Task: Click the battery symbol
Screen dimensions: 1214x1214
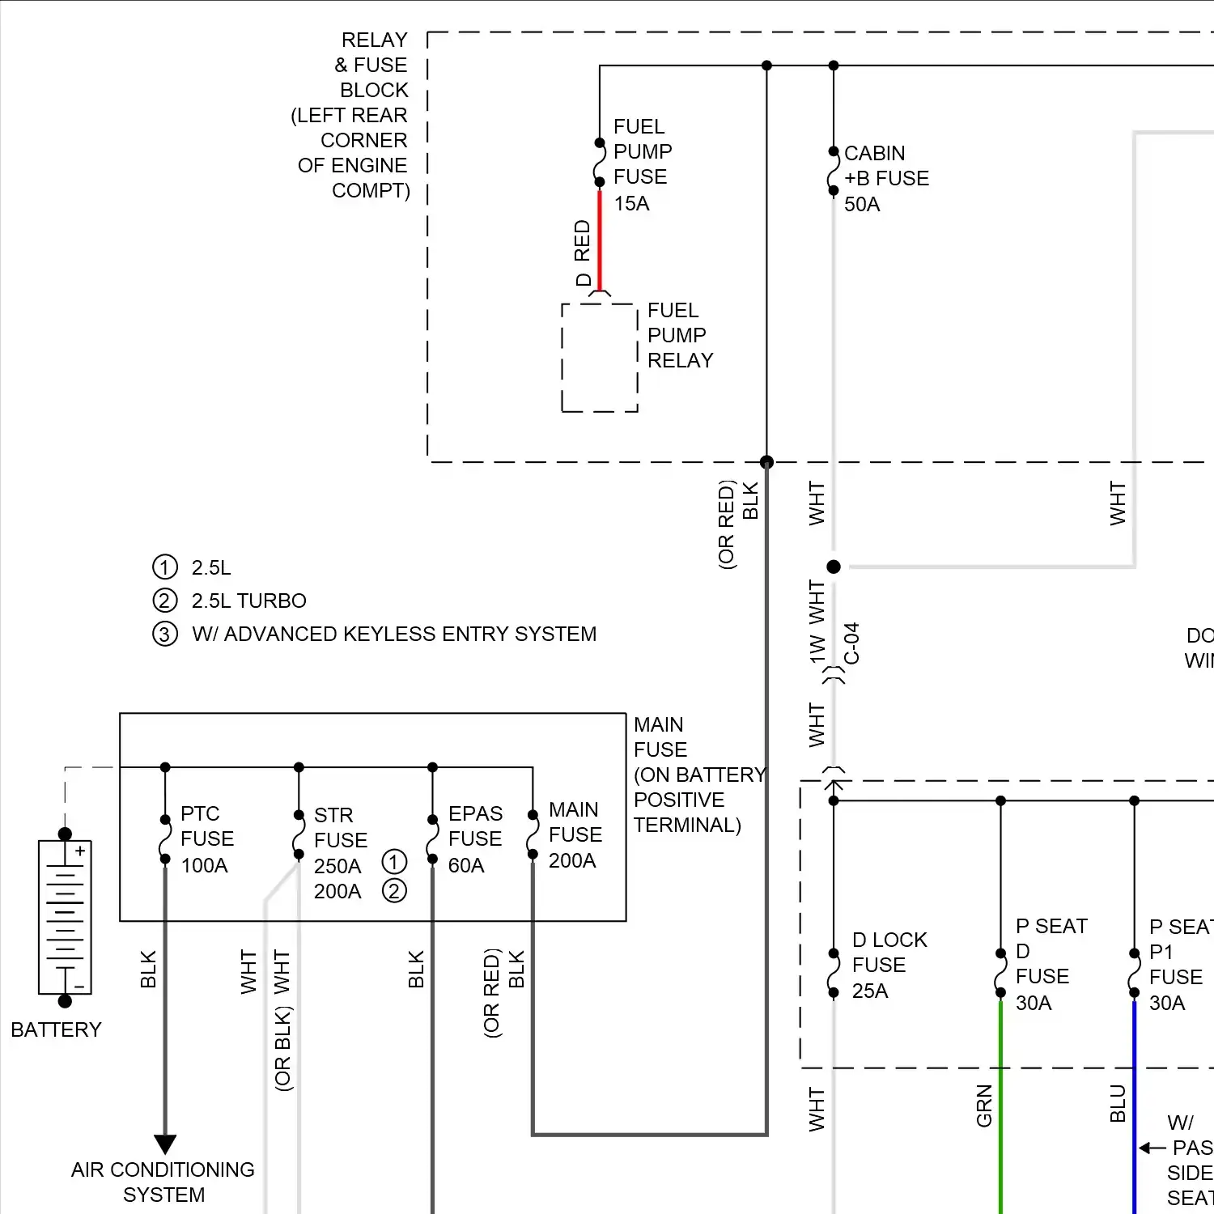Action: [x=65, y=917]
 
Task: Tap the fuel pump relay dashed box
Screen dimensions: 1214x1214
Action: [x=600, y=358]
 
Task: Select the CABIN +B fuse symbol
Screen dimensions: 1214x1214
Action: [x=833, y=172]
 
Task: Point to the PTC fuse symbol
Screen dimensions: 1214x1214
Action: [x=165, y=839]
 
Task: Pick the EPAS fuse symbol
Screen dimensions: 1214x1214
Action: [x=432, y=839]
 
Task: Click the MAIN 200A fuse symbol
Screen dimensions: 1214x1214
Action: [x=533, y=834]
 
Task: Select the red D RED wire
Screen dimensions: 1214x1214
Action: [x=600, y=239]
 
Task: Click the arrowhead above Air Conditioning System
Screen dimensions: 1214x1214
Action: [x=165, y=1144]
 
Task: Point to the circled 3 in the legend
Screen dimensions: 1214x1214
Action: [x=164, y=634]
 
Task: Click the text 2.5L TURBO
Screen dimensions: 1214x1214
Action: [x=248, y=601]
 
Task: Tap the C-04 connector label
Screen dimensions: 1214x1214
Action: [x=852, y=643]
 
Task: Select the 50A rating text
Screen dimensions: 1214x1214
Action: [x=862, y=205]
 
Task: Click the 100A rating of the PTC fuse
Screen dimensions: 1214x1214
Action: [x=204, y=866]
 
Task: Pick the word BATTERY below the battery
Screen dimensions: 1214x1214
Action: [x=56, y=1029]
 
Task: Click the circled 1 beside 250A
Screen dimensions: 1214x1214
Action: [x=394, y=861]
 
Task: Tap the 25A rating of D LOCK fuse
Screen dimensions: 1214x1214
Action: [x=870, y=991]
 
